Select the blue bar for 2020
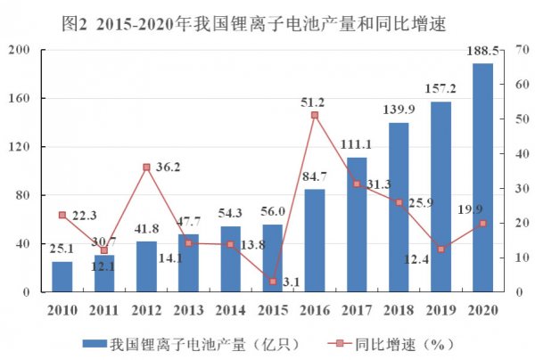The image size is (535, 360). pyautogui.click(x=482, y=177)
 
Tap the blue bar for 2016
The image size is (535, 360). pyautogui.click(x=315, y=240)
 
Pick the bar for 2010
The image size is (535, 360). pyautogui.click(x=62, y=276)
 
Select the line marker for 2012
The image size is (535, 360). pyautogui.click(x=146, y=167)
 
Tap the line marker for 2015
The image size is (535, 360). pyautogui.click(x=273, y=281)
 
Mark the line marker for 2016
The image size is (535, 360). pyautogui.click(x=315, y=115)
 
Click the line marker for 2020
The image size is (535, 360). pyautogui.click(x=482, y=223)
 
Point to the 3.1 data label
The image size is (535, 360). pyautogui.click(x=291, y=283)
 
